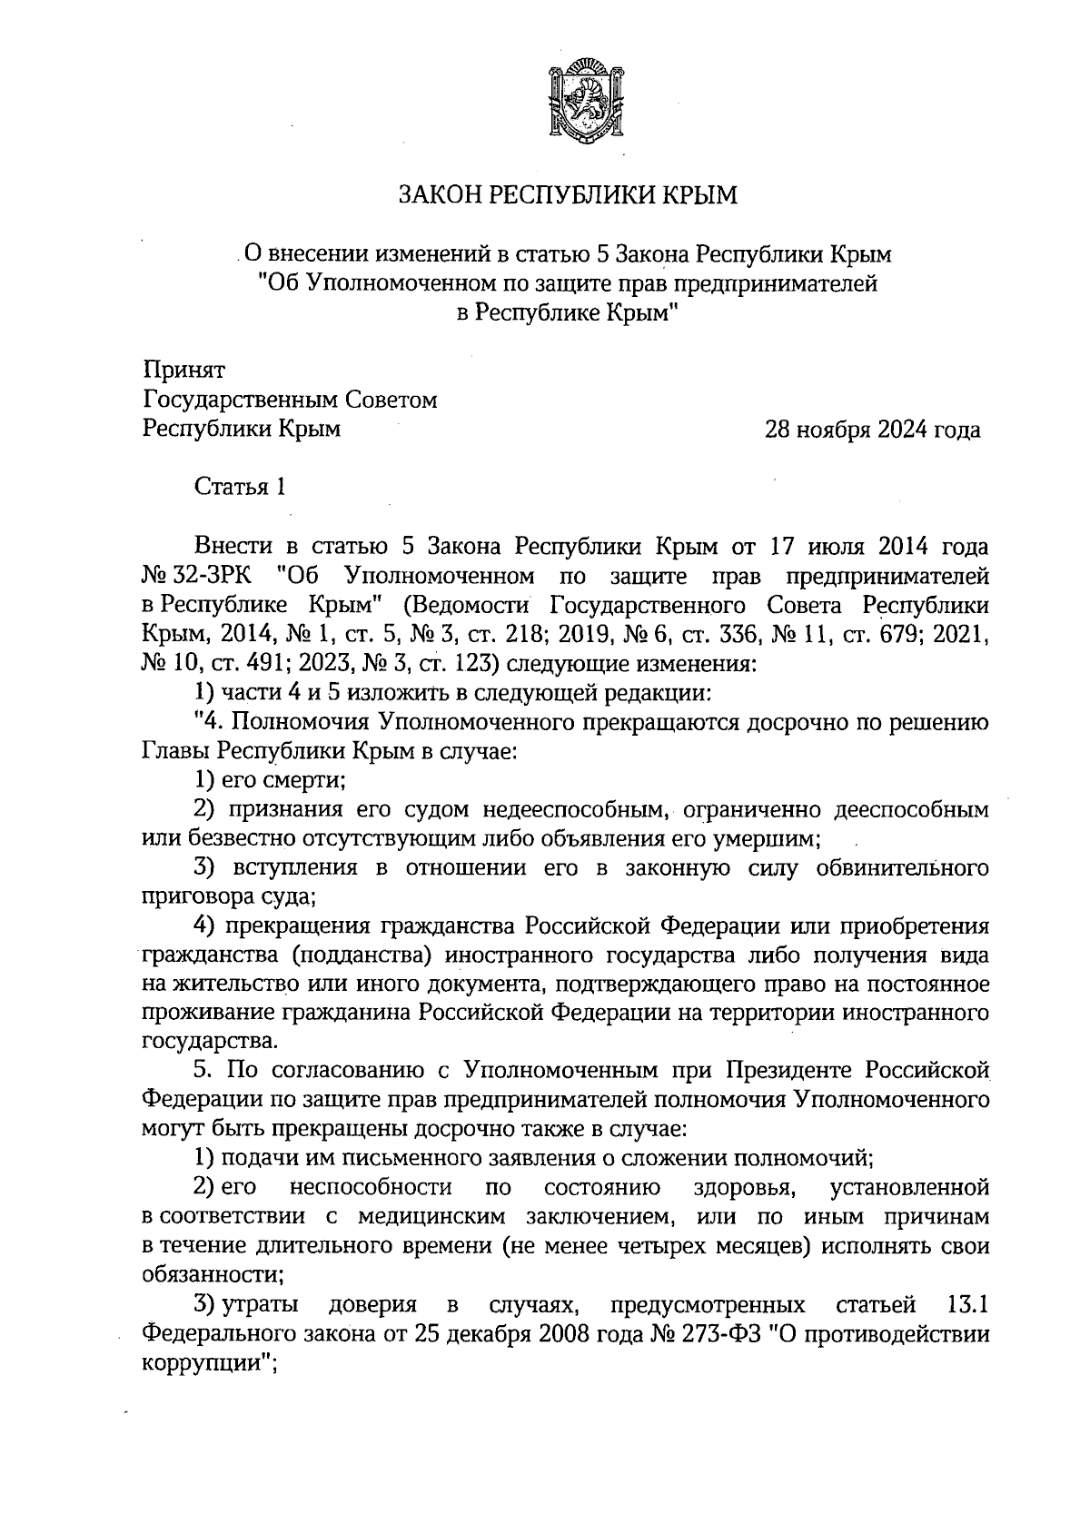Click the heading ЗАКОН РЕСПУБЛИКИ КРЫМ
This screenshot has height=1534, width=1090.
[x=570, y=195]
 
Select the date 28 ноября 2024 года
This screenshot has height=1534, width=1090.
[x=873, y=430]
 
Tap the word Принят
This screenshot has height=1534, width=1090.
[x=183, y=371]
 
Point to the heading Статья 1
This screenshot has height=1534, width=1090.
[x=242, y=488]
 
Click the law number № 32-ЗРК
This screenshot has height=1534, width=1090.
[x=199, y=576]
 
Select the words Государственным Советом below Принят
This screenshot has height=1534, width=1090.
[x=290, y=400]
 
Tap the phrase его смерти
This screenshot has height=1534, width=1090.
[x=280, y=780]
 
